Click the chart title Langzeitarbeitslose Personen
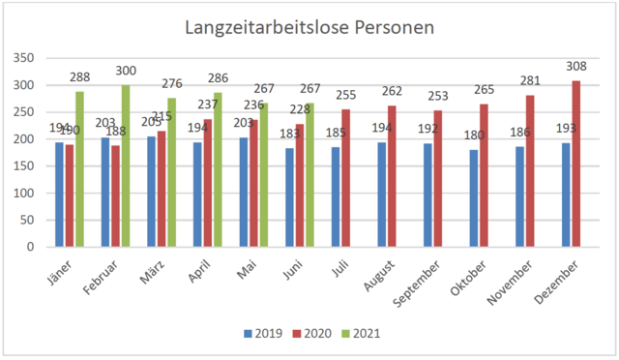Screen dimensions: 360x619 point(309,28)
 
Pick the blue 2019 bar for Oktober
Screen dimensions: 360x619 point(474,198)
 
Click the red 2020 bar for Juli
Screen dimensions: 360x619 point(346,178)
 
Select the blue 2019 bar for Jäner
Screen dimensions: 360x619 point(59,195)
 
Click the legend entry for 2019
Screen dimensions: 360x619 point(263,334)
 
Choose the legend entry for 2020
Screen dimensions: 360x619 point(315,334)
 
